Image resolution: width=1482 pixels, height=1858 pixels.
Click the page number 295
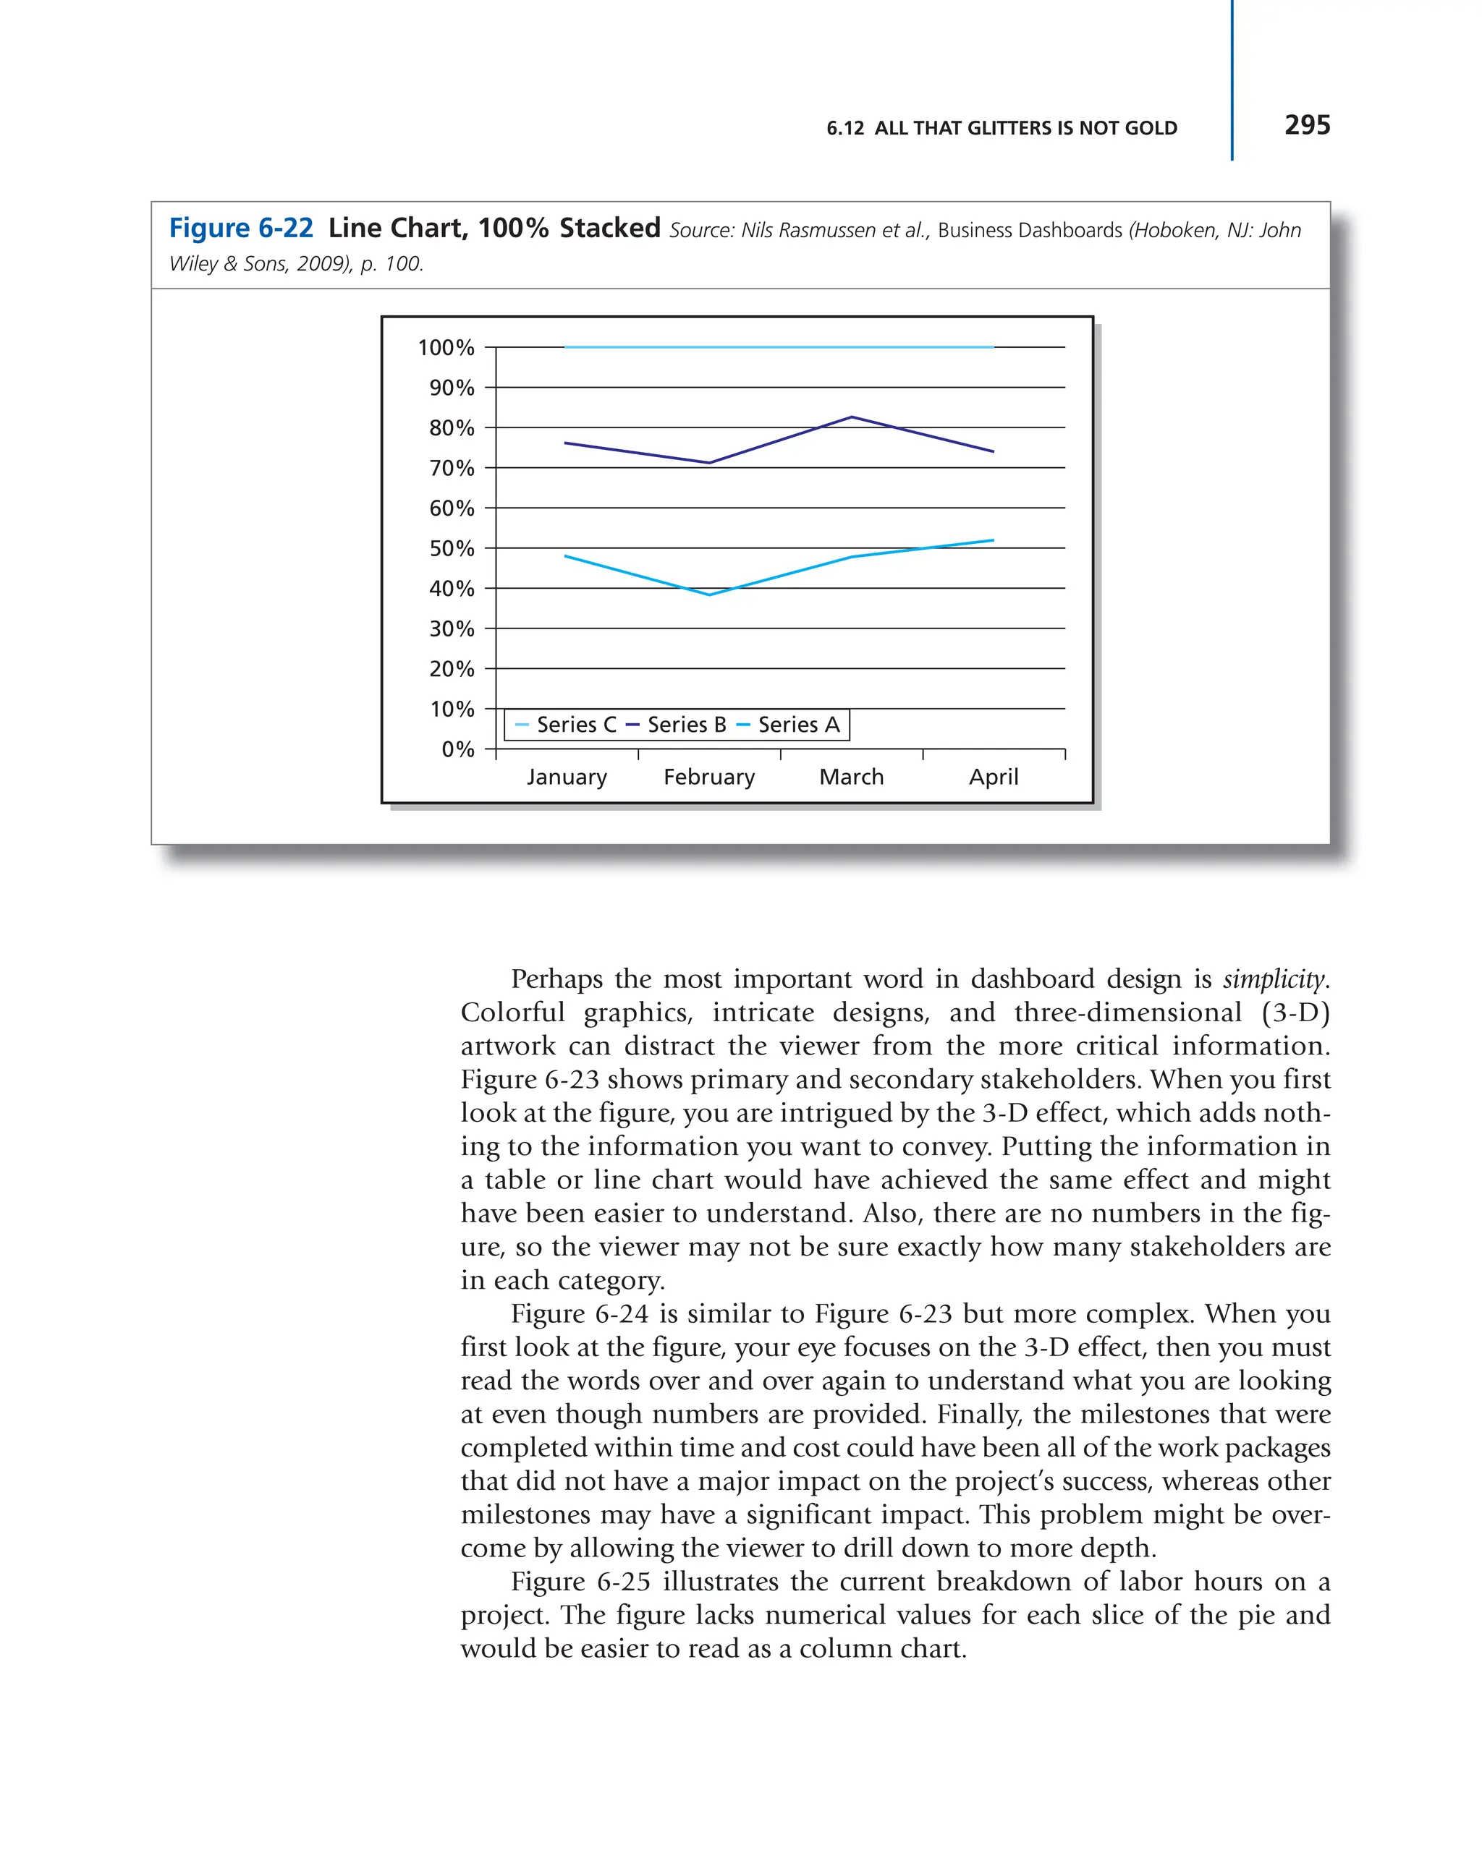[1306, 126]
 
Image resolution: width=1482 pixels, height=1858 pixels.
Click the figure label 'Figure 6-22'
[240, 229]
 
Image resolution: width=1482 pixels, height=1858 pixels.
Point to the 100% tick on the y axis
[446, 347]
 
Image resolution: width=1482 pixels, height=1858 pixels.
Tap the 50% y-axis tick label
[452, 548]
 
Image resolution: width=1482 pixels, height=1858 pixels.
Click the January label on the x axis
[567, 777]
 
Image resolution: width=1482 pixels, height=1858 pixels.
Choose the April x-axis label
[993, 777]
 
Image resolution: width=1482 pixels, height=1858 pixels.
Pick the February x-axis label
[708, 777]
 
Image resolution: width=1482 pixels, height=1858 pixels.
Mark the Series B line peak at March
[852, 417]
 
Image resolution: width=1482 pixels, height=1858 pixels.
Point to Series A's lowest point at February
[708, 595]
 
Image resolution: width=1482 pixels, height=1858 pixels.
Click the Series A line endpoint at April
[993, 540]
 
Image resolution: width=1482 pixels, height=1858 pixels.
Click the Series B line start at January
[566, 443]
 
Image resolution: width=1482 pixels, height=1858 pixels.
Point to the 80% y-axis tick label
[452, 427]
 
